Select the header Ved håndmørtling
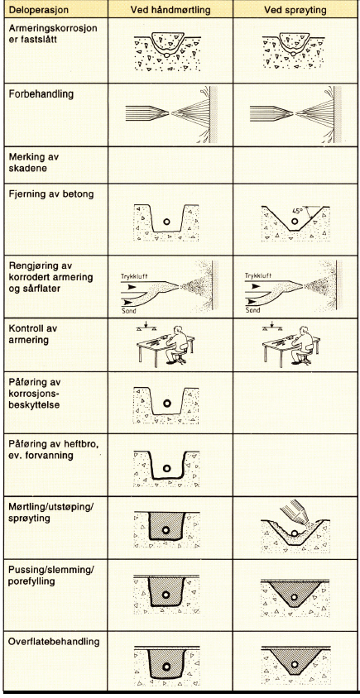[x=170, y=10]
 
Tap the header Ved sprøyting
[x=295, y=10]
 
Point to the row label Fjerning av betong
[x=51, y=194]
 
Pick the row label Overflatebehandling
[x=54, y=642]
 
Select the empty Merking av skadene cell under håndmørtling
[x=170, y=165]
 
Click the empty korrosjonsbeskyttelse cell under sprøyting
[x=295, y=403]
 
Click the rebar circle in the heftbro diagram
[x=167, y=468]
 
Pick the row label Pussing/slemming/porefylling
[x=51, y=576]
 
